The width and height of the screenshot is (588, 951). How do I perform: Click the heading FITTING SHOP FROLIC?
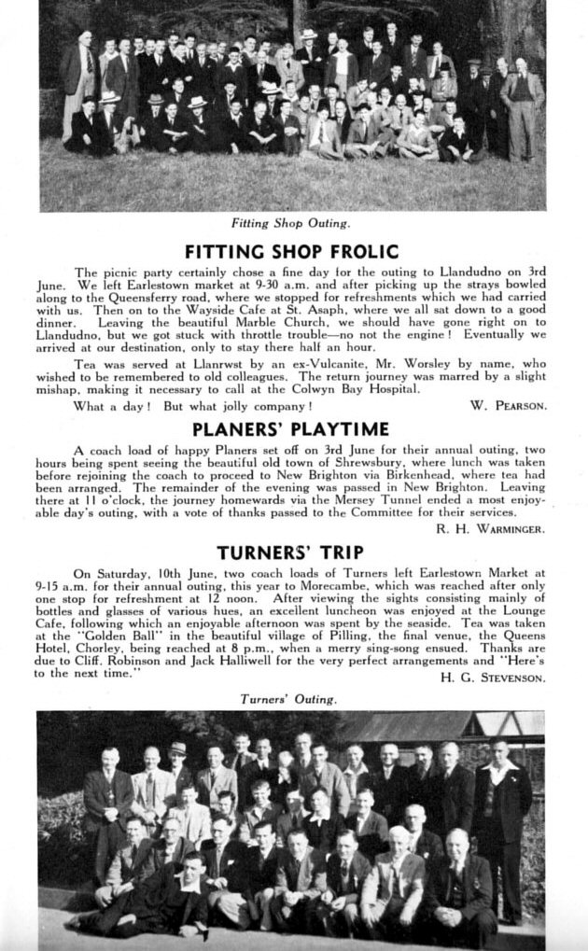pyautogui.click(x=291, y=251)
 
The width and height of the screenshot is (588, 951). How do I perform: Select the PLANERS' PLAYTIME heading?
pyautogui.click(x=290, y=429)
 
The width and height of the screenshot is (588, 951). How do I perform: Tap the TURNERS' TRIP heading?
pyautogui.click(x=290, y=552)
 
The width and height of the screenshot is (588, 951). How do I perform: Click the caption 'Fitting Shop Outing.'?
pyautogui.click(x=291, y=223)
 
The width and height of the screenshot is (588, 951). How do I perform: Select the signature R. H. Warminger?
pyautogui.click(x=490, y=529)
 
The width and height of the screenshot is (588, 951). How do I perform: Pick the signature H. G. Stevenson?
pyautogui.click(x=492, y=678)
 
